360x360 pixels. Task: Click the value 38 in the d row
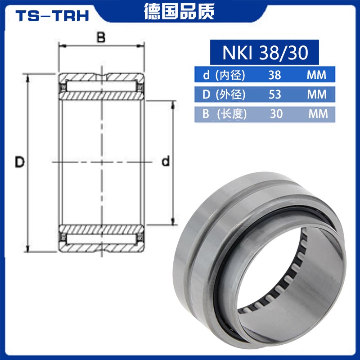pos(274,75)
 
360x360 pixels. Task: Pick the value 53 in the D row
pos(274,95)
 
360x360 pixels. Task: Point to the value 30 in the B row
pos(276,114)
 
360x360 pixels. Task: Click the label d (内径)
pos(224,75)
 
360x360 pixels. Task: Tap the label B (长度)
pos(225,114)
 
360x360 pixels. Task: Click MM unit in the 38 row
pos(316,75)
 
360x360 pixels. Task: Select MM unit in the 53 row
pos(316,95)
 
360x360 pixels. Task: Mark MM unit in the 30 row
pos(318,114)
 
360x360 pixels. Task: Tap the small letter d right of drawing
pos(166,162)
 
